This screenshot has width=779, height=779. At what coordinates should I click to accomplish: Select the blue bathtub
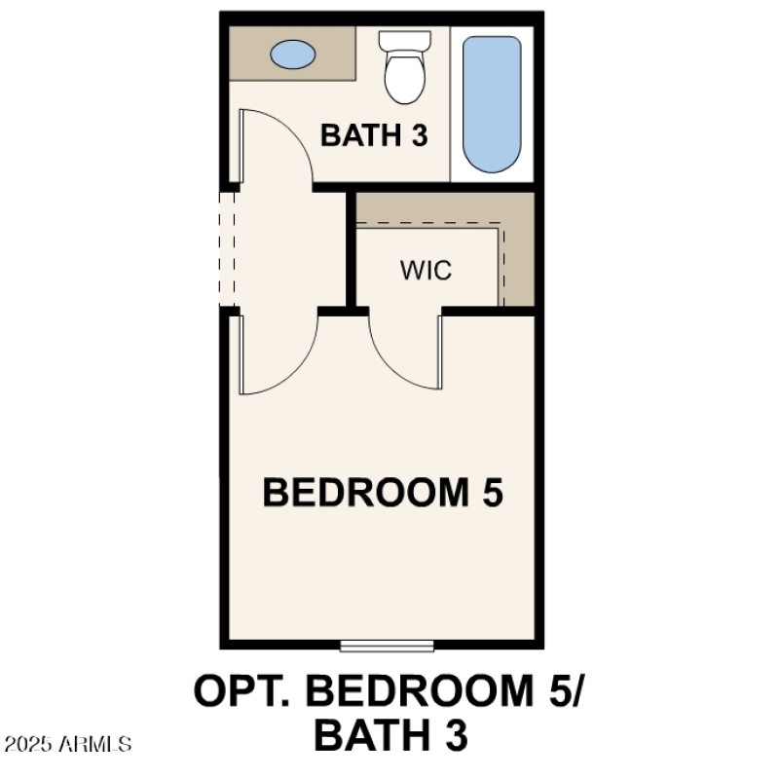492,104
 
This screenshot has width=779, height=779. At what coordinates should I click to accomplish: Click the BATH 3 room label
374,135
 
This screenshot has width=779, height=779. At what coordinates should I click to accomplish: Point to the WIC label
426,270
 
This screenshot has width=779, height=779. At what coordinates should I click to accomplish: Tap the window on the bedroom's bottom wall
387,645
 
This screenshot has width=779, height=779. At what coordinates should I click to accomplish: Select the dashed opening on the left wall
228,248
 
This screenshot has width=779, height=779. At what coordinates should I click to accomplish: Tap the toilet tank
404,41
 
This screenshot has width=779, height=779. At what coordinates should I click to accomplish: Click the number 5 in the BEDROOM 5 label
490,493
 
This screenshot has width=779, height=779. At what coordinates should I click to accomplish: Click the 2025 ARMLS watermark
68,745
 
